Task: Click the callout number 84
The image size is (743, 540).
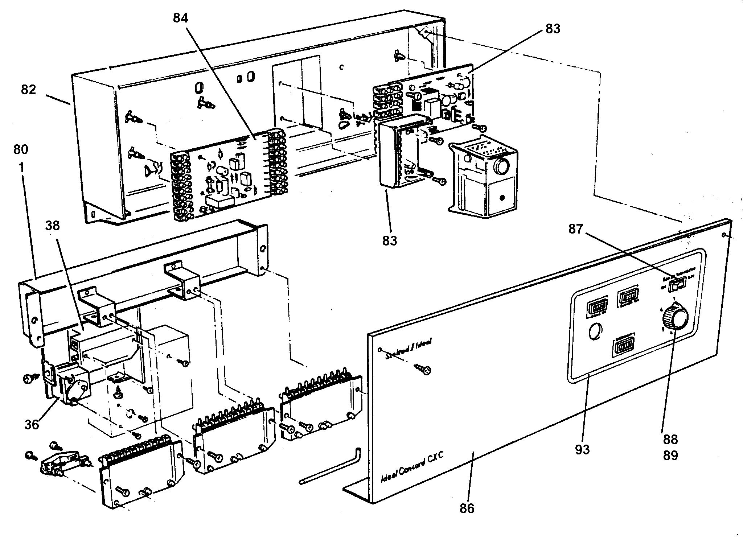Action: point(180,18)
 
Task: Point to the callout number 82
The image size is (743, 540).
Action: point(29,89)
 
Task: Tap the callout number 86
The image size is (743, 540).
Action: point(467,508)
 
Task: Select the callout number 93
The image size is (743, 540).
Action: point(582,449)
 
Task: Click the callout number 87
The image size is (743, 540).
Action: point(575,229)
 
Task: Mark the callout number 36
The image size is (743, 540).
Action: point(32,424)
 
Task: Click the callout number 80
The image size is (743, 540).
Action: point(21,149)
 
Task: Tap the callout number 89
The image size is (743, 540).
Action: point(670,455)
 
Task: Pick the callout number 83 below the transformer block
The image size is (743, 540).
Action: point(390,240)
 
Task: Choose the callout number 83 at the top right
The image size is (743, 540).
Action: point(553,29)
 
